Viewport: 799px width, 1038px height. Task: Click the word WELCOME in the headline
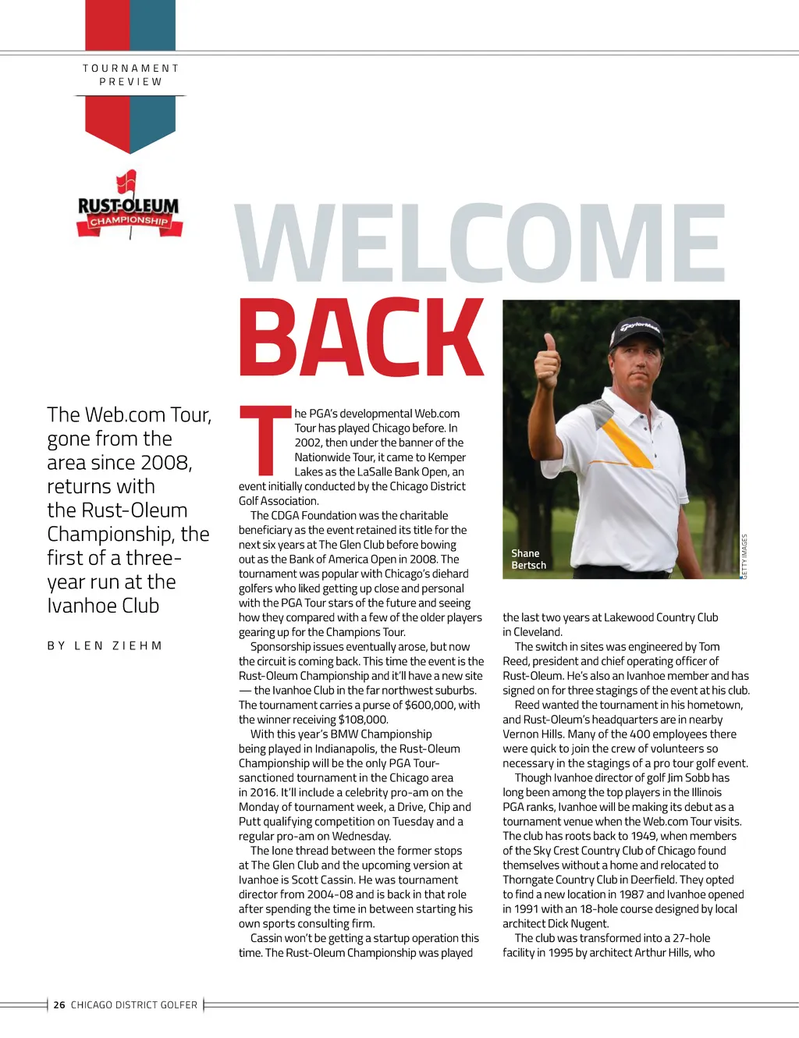481,243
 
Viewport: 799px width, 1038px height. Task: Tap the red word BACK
361,338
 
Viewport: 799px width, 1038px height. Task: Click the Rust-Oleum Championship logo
129,208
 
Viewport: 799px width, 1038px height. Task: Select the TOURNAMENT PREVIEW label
131,75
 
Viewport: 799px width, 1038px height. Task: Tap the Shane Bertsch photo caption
528,559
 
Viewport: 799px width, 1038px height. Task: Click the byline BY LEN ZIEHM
105,645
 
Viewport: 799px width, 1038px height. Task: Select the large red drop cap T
265,441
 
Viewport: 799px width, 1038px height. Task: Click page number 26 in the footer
59,1005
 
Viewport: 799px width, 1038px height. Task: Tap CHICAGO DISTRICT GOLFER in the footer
134,1005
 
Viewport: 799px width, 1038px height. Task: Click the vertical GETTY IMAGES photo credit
744,556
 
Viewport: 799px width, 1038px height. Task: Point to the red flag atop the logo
126,182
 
